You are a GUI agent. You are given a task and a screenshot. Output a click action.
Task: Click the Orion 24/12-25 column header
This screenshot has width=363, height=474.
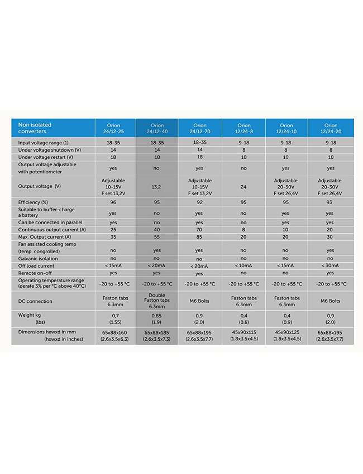114,129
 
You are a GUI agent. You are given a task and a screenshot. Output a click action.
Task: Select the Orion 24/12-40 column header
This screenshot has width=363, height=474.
157,129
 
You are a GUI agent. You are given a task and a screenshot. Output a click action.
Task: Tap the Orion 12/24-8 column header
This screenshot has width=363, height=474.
243,129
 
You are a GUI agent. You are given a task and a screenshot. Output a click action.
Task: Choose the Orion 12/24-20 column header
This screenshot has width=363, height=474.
330,129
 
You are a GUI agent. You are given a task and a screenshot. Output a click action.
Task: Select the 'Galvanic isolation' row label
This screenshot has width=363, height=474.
39,259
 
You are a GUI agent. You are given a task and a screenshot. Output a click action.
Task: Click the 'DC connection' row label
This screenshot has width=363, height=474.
35,302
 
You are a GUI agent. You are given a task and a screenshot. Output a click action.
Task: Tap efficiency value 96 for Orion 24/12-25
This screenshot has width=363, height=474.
113,202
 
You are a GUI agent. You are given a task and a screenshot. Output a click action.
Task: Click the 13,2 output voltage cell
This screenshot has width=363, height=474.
157,187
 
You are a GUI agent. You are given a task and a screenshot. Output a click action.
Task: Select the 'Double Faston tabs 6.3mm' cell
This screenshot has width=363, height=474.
157,301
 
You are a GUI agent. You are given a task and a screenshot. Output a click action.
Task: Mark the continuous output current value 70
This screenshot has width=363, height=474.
199,230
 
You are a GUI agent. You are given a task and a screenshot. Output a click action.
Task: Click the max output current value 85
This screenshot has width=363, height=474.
199,237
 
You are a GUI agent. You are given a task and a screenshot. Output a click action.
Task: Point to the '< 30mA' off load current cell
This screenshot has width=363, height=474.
330,266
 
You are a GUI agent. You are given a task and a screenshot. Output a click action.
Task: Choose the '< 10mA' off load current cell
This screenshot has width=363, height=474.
243,266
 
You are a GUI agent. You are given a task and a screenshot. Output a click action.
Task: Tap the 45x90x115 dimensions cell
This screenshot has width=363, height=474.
243,335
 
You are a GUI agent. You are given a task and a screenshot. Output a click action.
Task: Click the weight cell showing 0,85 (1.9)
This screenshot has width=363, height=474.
157,318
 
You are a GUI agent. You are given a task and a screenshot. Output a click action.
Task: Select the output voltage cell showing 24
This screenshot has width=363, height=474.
243,187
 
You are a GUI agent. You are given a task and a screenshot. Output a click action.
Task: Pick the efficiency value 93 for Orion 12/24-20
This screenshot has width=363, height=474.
330,202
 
